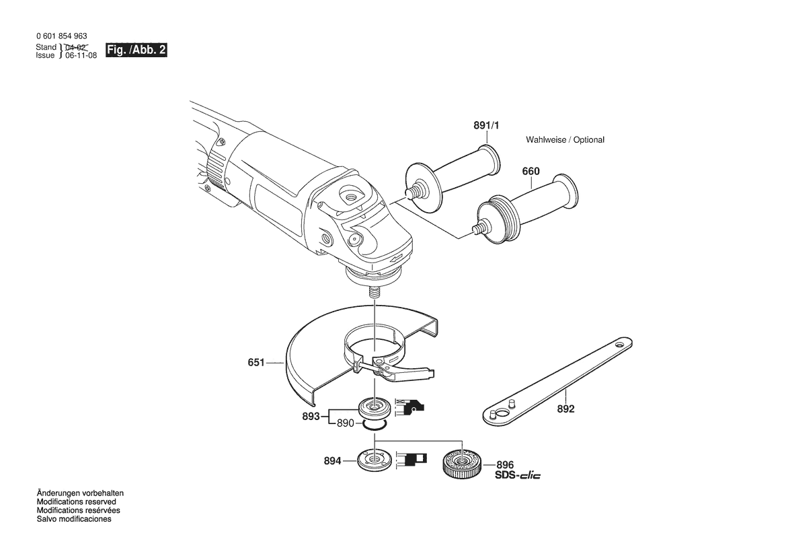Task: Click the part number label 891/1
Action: pos(486,125)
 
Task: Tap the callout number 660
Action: pos(531,171)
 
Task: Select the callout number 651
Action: pos(256,361)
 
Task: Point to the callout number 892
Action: pos(566,409)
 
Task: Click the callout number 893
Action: pos(311,417)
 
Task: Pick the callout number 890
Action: pos(346,423)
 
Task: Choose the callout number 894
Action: pos(332,460)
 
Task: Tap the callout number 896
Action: pos(506,465)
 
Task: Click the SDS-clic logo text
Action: pos(518,475)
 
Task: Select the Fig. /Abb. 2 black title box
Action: pos(136,50)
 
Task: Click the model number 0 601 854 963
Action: pos(62,36)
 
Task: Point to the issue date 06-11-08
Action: pos(81,55)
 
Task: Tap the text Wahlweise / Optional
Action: pos(565,140)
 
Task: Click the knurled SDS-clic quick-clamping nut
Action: pos(462,462)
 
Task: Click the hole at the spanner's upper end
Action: pos(621,345)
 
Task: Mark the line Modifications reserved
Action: pos(76,501)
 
